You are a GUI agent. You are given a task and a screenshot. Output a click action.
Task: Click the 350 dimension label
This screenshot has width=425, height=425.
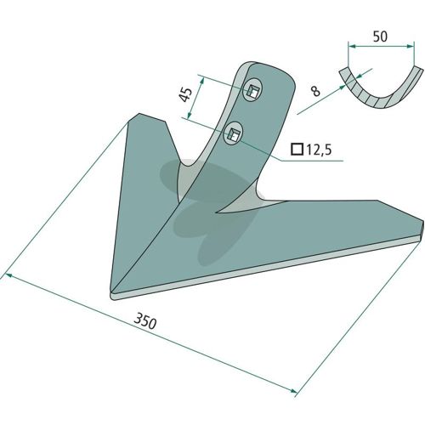pos(144,321)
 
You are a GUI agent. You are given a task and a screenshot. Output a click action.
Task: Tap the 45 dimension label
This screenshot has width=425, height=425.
pos(185,94)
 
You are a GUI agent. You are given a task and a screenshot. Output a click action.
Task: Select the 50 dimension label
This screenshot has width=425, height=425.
pos(380,37)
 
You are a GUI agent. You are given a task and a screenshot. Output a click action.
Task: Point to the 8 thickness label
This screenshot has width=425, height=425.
pos(315,91)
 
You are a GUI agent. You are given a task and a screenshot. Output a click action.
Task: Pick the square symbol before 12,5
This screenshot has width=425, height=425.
pos(297,150)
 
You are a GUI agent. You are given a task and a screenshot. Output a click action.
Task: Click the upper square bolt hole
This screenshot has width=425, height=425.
pos(252,90)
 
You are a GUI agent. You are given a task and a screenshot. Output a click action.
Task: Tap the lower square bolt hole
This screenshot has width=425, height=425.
pos(234,133)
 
